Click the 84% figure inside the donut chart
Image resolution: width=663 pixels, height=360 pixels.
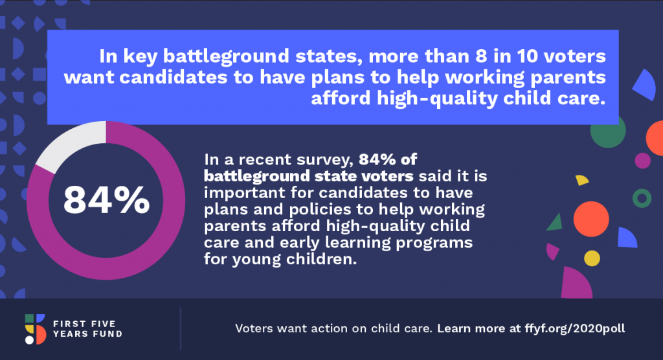107,200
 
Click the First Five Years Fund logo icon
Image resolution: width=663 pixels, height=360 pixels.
35,329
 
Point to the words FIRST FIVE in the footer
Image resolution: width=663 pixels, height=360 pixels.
84,324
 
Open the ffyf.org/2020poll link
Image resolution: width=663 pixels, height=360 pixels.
575,329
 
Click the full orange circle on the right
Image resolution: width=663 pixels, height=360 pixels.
591,219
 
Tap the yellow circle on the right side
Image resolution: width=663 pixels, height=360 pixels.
592,258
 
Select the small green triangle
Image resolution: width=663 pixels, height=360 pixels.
555,223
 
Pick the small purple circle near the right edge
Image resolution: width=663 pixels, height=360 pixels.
643,161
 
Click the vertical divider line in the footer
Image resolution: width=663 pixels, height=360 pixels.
181,329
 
